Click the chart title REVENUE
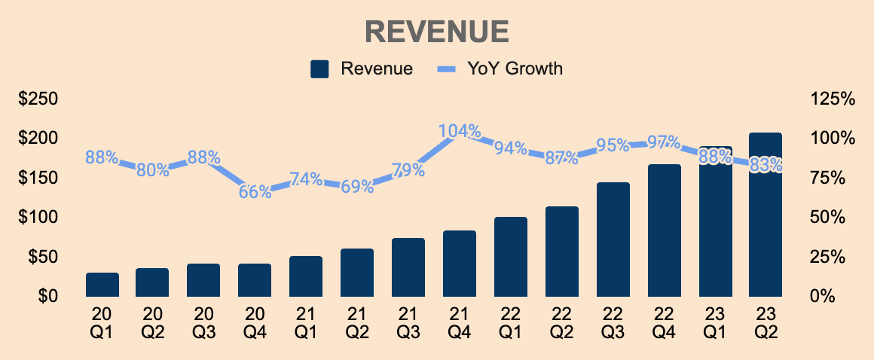coord(437,32)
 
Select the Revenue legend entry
coord(362,69)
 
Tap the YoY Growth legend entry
coord(501,69)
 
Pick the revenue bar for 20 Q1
coord(102,284)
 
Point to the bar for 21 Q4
coord(460,263)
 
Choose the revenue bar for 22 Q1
coord(511,256)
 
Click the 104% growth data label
coord(460,131)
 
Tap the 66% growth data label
coord(255,192)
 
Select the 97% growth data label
coord(664,142)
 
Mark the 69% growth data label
coord(357,187)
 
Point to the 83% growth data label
coord(766,165)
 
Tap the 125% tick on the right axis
coord(833,99)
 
